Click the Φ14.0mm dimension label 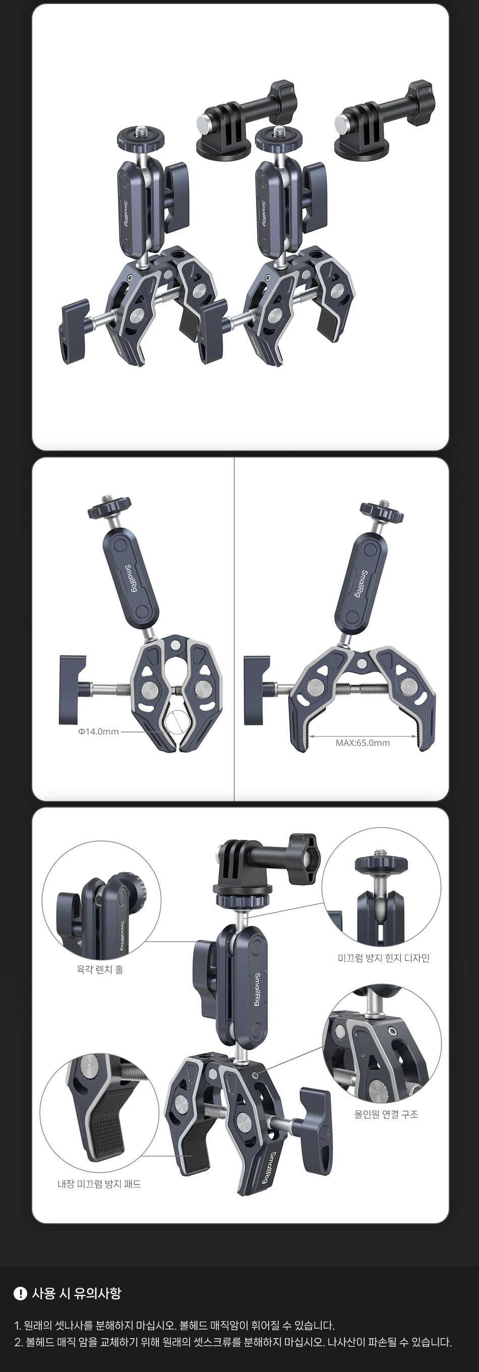[98, 731]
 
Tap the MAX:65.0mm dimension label [363, 742]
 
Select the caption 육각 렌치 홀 [100, 969]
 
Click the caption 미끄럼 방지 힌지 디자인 [384, 958]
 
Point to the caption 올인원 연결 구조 [386, 1114]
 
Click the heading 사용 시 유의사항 [77, 1293]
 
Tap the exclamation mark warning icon [20, 1293]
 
